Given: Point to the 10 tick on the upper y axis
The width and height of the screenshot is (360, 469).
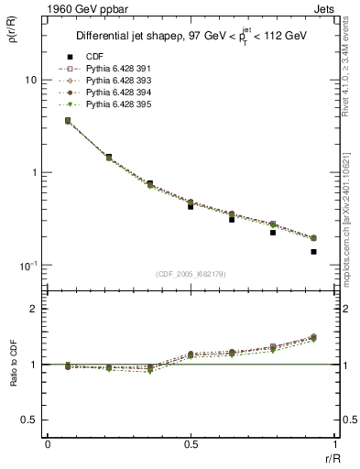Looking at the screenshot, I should click(x=29, y=80).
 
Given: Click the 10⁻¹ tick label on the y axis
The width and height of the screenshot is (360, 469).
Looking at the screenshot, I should click(x=27, y=266).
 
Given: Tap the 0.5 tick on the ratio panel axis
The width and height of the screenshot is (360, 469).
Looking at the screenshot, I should click(x=29, y=420).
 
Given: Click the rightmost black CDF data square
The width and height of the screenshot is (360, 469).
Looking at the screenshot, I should click(x=313, y=251).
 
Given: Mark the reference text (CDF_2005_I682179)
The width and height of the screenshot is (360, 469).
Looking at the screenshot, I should click(x=190, y=275).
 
